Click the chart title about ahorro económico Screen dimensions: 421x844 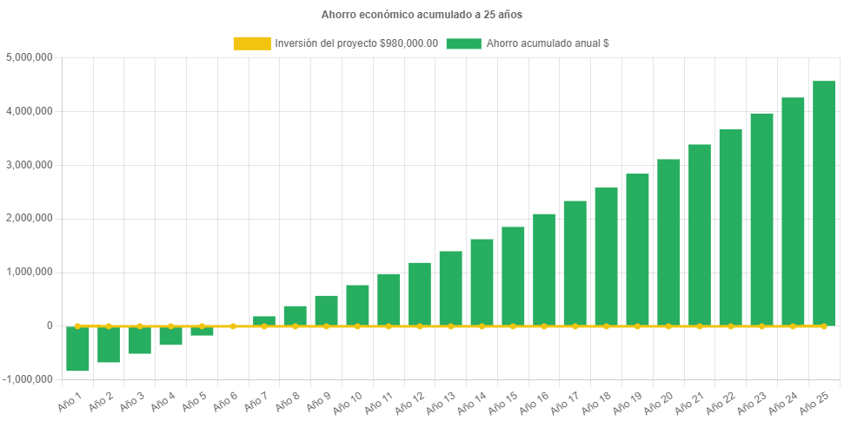[422, 15]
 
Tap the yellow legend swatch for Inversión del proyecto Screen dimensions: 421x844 [251, 43]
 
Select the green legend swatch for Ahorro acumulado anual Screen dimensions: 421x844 [463, 43]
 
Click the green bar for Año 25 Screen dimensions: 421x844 [823, 203]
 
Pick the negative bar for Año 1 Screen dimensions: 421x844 [77, 349]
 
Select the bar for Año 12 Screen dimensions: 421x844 [420, 293]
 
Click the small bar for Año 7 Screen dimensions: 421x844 [264, 320]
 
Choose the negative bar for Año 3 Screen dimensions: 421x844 [140, 340]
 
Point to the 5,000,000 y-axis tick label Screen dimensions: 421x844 [30, 57]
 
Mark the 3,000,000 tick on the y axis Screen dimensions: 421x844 [30, 165]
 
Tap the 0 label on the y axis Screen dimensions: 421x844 [50, 326]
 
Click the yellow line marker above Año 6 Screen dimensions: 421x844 [233, 326]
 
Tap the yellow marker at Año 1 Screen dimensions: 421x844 [77, 326]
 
